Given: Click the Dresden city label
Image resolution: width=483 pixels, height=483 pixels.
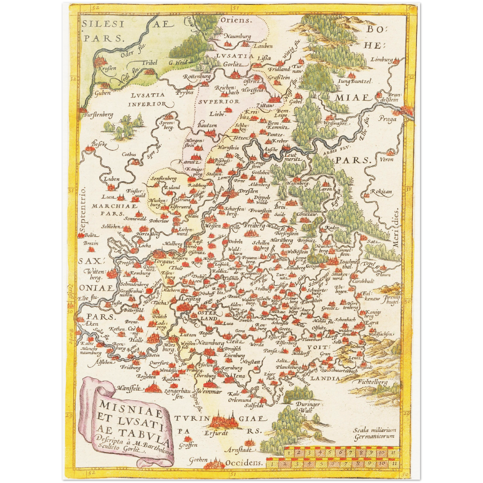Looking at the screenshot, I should [248, 192].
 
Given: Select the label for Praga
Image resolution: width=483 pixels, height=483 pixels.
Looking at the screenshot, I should [387, 119].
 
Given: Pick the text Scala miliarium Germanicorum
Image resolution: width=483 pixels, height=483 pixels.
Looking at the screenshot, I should [374, 433].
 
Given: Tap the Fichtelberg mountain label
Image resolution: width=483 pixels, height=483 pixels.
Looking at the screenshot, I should [372, 382].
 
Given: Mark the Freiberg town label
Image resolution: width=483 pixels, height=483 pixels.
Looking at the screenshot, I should [256, 226].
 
